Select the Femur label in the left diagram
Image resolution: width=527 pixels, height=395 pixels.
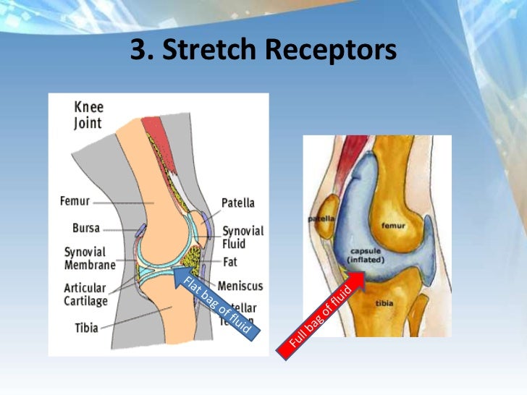[75, 202]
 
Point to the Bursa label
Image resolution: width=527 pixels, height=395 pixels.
[86, 228]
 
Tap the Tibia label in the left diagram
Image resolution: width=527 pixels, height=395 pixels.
[86, 328]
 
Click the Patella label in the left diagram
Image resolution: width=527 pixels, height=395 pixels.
[240, 204]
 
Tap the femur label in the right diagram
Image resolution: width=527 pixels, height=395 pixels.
[396, 225]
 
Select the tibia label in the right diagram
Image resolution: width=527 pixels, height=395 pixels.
[384, 304]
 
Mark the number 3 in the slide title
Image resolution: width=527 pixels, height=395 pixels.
[138, 50]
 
